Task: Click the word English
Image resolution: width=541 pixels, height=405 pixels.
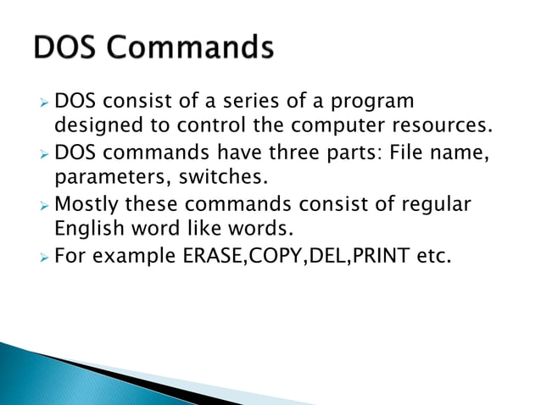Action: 86,230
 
